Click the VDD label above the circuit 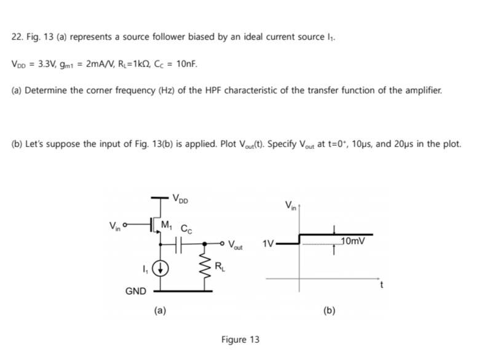180,199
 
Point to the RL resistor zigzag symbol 204,266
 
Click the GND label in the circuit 135,291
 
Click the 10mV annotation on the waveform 354,241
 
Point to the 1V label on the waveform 268,244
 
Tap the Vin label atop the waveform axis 291,205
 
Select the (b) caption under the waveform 329,311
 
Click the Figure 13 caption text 240,340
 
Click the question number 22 17,37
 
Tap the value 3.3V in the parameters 48,64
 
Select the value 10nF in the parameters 186,64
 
